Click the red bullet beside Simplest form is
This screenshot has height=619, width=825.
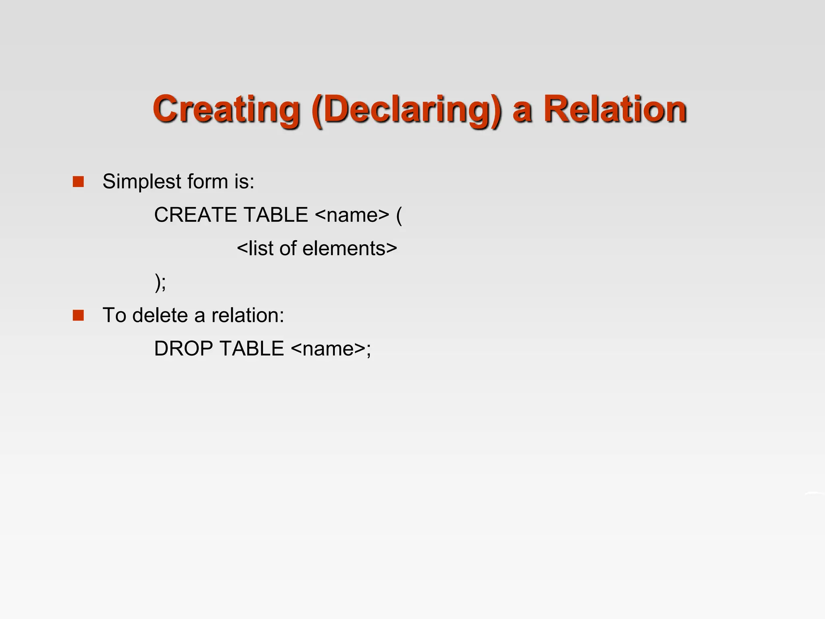[x=78, y=182]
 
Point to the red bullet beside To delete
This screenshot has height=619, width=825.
[x=78, y=315]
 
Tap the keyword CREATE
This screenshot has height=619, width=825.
[x=197, y=215]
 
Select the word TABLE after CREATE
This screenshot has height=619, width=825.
[x=276, y=215]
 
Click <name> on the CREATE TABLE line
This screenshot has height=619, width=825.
[x=352, y=215]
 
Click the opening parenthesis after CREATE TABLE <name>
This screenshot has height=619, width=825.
[x=399, y=215]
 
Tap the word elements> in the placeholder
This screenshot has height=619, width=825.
[x=350, y=248]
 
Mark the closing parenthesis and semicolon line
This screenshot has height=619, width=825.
[x=160, y=282]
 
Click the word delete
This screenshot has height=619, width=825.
[x=160, y=315]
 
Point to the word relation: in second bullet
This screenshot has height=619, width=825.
[x=248, y=315]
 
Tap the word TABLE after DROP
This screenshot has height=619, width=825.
[x=252, y=349]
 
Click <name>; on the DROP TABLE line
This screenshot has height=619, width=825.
[x=331, y=349]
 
